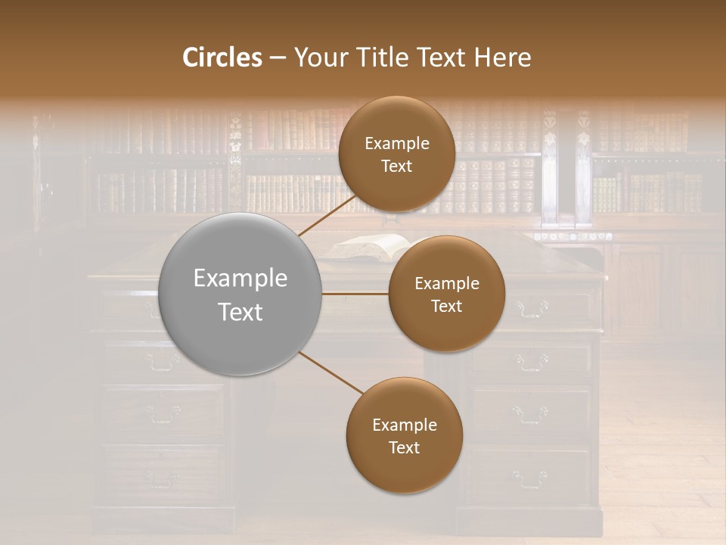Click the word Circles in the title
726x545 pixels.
[222, 58]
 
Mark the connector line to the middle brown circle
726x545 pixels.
[355, 294]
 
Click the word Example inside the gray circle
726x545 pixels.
[240, 279]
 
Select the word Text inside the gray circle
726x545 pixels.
[240, 312]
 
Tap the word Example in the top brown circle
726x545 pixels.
[397, 143]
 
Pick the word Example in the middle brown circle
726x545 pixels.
[447, 283]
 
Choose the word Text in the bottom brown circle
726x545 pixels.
[404, 447]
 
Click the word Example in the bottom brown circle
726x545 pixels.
[405, 425]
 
